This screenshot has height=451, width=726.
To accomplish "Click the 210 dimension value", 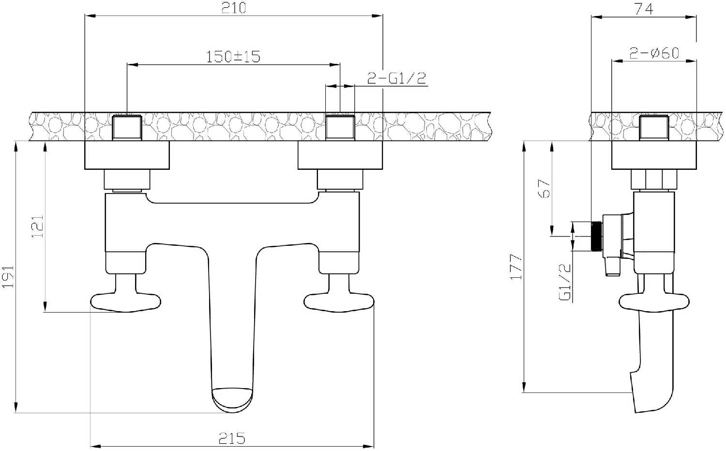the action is pos(233,8).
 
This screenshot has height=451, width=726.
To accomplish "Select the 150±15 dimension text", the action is pos(233,57).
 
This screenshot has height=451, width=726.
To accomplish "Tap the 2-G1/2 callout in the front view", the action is pos(396,78).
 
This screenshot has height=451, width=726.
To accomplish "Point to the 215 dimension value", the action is pos(232,438).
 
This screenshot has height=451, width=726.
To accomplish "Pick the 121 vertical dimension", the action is pos(38,226).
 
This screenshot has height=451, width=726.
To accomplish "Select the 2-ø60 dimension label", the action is pos(654,53).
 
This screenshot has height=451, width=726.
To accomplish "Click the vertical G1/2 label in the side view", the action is pos(565,282).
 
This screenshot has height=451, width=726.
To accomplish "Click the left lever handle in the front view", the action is pos(125,301).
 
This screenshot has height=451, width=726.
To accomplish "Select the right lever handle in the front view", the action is pos(339,301).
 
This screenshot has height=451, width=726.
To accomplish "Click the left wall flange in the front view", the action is pos(127,155).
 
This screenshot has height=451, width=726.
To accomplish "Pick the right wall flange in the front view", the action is pos(340,155).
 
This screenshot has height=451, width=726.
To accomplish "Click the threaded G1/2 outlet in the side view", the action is pos(597,237).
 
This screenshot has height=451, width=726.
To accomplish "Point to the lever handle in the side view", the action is pos(654,301).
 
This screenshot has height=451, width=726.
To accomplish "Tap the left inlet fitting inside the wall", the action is pos(127,127).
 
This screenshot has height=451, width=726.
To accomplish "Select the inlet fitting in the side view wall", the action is pos(654,127).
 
